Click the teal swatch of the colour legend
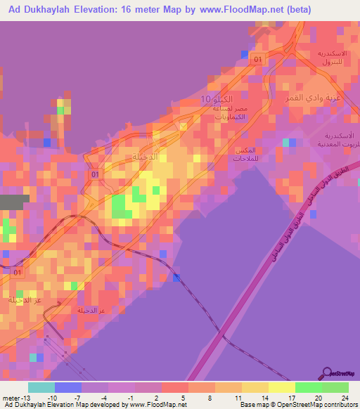tap(41, 387)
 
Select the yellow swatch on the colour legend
tap(282, 387)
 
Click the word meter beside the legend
tap(12, 397)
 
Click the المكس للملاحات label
tap(250, 155)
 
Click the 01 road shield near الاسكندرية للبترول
tap(257, 60)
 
